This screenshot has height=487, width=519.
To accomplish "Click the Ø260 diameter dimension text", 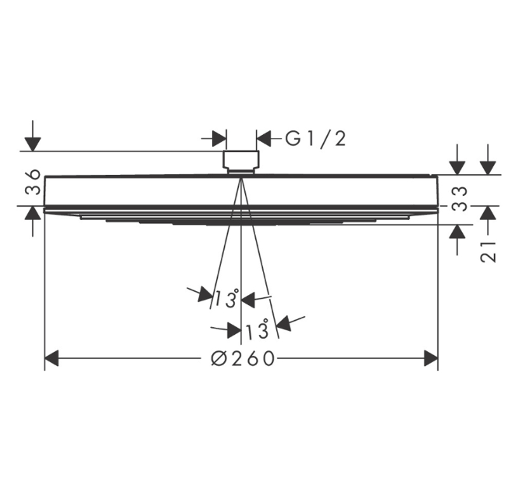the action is click(x=243, y=358).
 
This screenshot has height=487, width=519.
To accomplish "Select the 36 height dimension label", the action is click(x=33, y=182).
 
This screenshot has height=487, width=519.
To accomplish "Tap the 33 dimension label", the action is click(x=460, y=199).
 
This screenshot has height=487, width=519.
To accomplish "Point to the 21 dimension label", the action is click(x=489, y=251).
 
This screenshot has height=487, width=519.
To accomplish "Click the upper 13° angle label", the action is click(x=227, y=298).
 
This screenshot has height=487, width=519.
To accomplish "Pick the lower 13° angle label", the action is click(x=257, y=330).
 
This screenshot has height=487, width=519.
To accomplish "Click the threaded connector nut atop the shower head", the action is click(x=241, y=162).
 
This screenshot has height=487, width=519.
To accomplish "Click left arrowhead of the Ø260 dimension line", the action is click(x=52, y=358).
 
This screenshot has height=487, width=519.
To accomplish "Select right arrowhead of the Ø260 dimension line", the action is click(x=431, y=358).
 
